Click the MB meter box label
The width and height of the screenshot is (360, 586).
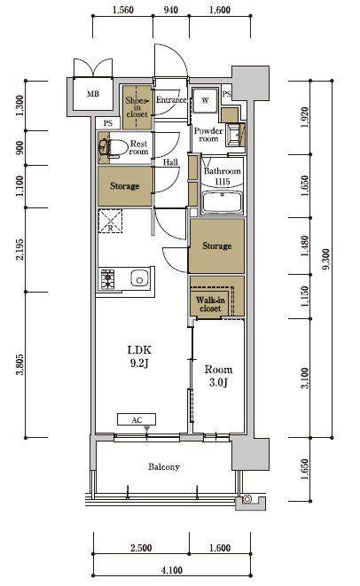pos(93,94)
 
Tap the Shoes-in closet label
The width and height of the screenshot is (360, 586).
pos(137,107)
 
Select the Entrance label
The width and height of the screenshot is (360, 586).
pos(171,100)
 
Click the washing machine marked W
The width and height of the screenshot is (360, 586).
pos(205,100)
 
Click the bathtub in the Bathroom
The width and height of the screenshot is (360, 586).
pos(222,202)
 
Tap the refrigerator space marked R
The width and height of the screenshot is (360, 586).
pos(110,221)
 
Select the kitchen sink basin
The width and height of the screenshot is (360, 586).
pos(140,279)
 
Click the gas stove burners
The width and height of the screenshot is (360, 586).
pos(107,278)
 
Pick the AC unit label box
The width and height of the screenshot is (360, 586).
pos(137,419)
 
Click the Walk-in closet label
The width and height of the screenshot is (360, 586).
pos(210,304)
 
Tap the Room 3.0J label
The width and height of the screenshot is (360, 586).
pos(218,376)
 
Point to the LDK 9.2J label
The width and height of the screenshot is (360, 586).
pos(139,356)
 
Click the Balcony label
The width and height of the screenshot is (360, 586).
pos(164,466)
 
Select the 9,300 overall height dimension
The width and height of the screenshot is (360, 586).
pos(326,259)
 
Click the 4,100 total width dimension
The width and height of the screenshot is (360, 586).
pos(172,570)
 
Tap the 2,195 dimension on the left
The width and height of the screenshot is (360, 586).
pos(20,250)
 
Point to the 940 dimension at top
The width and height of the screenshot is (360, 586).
pos(171,10)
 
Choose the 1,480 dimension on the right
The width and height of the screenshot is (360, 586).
pos(305,246)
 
